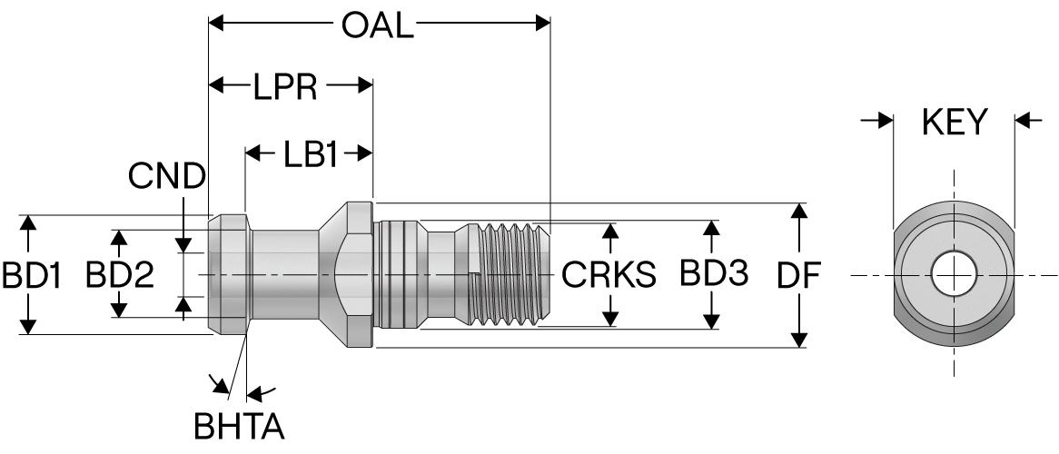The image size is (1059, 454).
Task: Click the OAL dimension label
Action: point(377,25)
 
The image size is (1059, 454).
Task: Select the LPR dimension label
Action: point(285,87)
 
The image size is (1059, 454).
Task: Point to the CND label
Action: point(166,176)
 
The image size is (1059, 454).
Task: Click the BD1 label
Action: point(31,275)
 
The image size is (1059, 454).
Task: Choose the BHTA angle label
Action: point(241,426)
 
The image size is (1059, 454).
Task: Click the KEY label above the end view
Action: point(954,123)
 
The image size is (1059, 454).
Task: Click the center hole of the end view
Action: point(954,274)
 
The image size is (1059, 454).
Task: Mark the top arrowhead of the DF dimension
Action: point(799,212)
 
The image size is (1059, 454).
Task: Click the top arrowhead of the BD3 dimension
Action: point(711,227)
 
